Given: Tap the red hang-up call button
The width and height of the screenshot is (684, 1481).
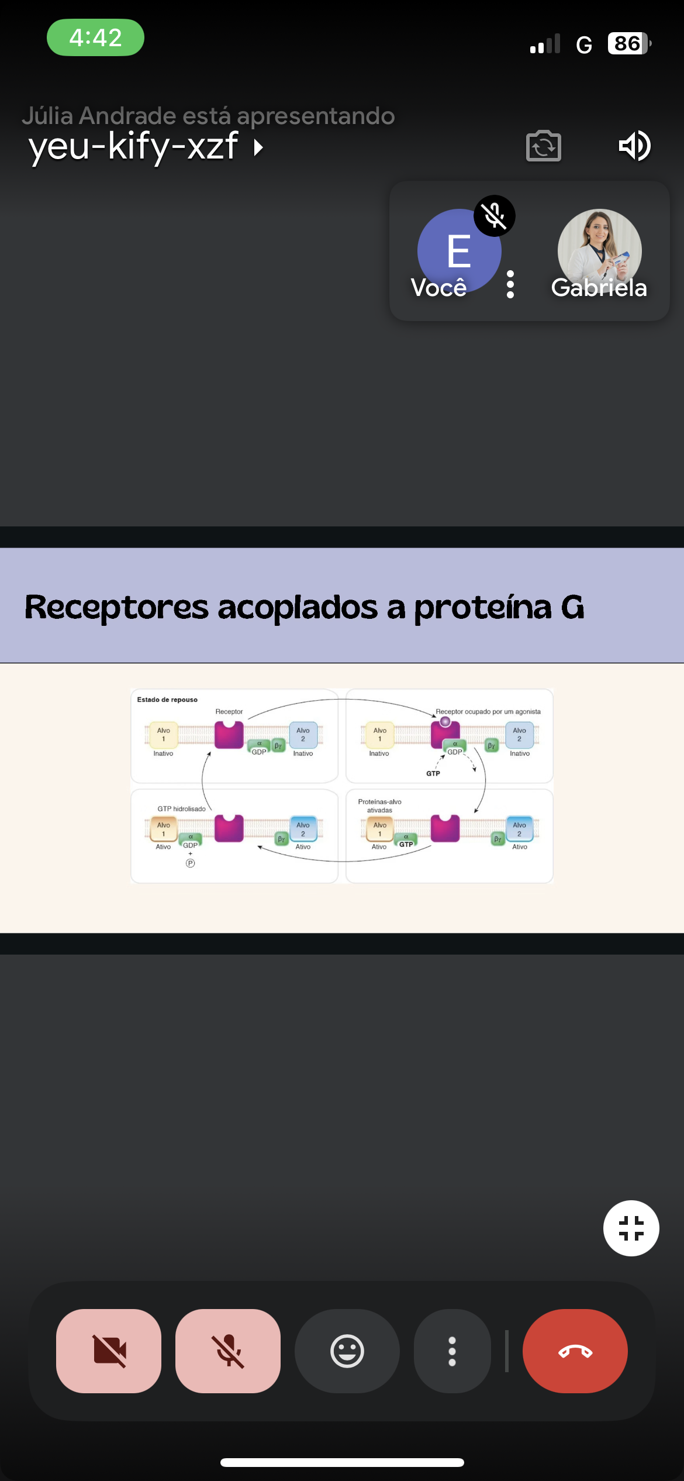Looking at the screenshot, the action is point(575,1351).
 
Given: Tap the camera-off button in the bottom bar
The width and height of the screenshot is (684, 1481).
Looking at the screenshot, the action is point(109,1351).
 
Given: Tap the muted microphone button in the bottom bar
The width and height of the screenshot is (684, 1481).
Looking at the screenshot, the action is point(228,1351).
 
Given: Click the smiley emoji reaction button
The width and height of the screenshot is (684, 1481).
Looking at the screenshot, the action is point(347,1351).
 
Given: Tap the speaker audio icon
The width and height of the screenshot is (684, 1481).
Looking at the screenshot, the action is point(634,146).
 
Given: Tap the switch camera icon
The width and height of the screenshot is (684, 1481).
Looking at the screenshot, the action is point(544,146).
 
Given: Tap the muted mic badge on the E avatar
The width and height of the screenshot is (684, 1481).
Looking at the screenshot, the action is point(495,216).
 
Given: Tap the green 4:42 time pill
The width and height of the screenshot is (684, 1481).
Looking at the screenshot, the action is point(95,37).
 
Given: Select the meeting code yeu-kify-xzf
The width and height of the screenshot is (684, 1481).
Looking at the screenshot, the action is point(133,146).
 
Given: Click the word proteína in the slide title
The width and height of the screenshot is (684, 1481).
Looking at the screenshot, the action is point(483,607).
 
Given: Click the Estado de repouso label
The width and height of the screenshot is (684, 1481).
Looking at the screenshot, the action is point(167,700).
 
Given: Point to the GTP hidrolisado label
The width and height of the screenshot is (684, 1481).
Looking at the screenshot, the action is point(181,809).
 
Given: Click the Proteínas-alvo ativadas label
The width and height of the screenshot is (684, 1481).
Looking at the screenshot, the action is point(379,805).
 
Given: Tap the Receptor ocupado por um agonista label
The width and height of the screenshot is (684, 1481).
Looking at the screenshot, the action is point(488,712).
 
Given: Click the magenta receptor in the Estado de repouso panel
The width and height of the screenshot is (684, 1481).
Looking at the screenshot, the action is point(229,735).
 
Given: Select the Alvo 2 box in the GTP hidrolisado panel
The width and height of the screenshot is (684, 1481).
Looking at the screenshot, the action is point(303,829).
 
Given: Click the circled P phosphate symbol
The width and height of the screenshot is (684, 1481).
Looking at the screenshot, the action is point(190,863).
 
